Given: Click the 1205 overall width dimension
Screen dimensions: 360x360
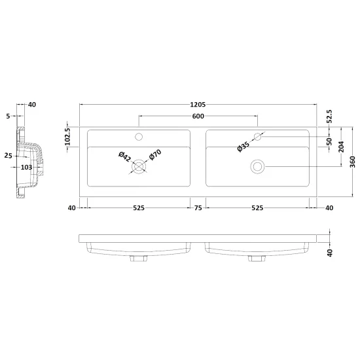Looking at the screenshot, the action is [198, 105].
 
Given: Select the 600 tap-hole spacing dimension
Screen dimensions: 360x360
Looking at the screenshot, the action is [198, 116].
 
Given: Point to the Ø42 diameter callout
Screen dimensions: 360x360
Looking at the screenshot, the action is [124, 156].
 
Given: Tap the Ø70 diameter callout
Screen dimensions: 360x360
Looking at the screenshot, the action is [155, 154].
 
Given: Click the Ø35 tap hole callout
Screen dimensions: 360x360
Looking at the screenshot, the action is [243, 147].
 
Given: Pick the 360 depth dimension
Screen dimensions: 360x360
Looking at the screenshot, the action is [353, 162].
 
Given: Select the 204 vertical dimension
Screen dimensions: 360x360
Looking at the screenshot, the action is [341, 147].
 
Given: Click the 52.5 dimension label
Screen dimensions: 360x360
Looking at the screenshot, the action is [329, 117].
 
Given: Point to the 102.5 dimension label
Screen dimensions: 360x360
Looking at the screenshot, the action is [67, 137].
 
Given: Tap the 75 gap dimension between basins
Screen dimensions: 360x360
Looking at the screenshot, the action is [198, 208].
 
